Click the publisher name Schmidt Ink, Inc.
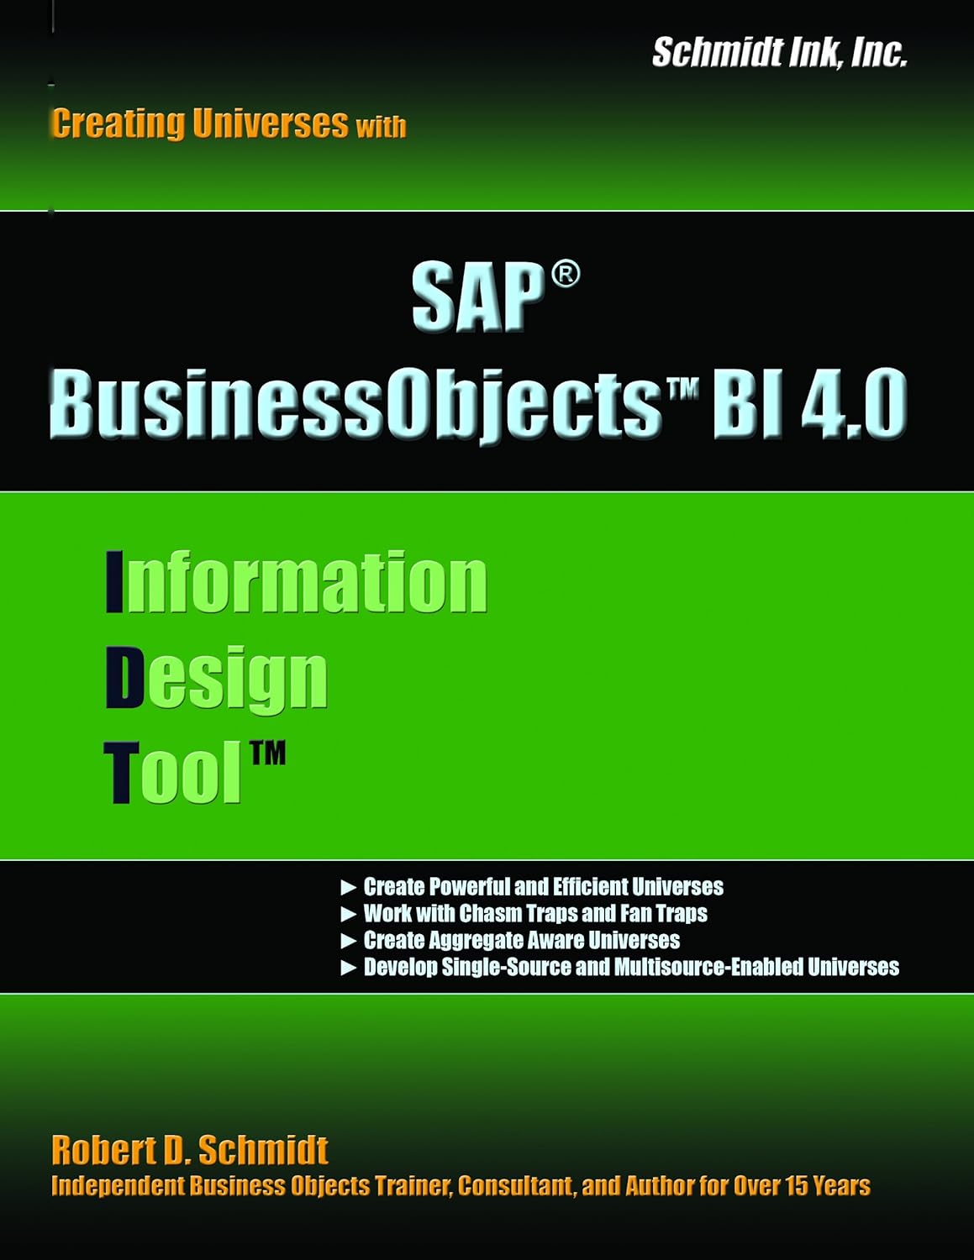coord(779,53)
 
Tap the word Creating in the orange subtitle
coord(118,123)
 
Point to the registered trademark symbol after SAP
coord(565,275)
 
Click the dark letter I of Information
coord(114,581)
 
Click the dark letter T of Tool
coord(120,773)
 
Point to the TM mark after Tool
coord(267,753)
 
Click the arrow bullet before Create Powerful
coord(348,888)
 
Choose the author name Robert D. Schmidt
coord(189,1150)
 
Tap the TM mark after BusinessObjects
coord(686,388)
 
